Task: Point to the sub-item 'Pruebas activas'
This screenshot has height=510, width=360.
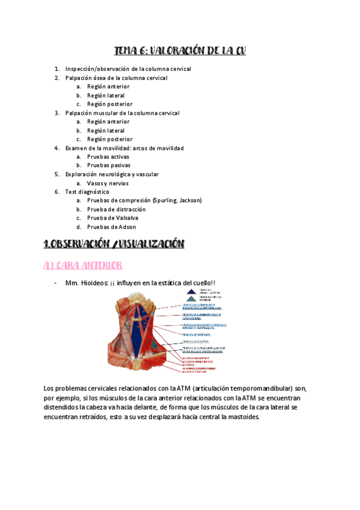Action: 108,156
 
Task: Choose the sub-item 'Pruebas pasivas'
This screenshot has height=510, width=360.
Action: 108,165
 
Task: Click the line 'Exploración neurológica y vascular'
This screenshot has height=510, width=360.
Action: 112,174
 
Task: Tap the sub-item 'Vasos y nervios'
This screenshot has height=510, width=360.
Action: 108,183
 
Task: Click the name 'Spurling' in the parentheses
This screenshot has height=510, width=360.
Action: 166,200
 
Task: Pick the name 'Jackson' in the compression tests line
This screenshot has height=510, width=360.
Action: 191,200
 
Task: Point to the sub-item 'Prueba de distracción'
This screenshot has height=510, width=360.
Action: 117,209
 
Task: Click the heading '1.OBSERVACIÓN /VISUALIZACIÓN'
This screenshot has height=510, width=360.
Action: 115,244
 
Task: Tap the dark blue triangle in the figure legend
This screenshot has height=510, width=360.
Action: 191,291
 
